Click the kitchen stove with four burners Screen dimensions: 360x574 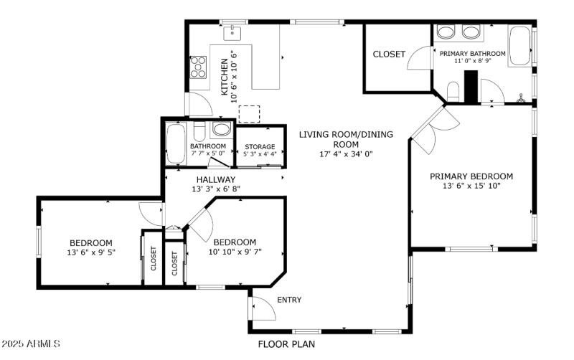tap(197, 67)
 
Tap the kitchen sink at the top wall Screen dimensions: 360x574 tap(233, 33)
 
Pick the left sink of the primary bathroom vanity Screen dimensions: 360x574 tap(446, 32)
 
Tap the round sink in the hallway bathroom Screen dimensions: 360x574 tap(222, 130)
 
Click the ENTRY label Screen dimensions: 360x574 tap(289, 300)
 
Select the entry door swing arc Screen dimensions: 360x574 tap(264, 308)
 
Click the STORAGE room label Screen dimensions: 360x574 tap(259, 147)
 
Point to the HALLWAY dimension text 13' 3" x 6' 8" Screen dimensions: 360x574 tap(216, 189)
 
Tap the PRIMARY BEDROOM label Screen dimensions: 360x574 tap(471, 176)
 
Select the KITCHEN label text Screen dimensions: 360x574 tap(225, 77)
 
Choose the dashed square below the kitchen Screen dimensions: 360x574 tap(248, 115)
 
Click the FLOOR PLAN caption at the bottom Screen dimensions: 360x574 tap(286, 344)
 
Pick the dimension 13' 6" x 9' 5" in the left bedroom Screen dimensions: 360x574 tap(90, 252)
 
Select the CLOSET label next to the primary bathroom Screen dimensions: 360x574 tap(389, 55)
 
